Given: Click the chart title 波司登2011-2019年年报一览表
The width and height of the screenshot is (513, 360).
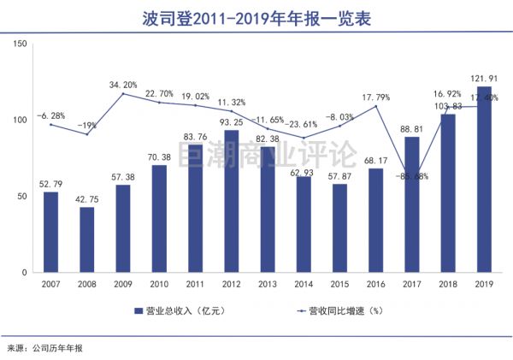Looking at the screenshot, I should (x=256, y=16).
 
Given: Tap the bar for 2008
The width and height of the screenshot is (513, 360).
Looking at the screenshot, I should (x=86, y=239).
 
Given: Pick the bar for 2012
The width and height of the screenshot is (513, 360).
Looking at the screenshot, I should (x=231, y=201).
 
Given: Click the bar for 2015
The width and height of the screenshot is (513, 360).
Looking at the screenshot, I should (x=339, y=227).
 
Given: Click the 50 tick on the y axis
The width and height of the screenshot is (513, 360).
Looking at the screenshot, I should (x=22, y=197).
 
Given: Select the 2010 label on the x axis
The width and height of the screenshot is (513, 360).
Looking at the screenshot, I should (x=159, y=284).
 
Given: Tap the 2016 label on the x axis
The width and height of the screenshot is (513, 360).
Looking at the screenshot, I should (x=375, y=284).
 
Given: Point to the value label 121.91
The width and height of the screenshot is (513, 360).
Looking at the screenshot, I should (x=483, y=78).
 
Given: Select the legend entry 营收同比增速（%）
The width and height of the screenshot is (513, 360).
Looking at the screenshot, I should (x=332, y=310).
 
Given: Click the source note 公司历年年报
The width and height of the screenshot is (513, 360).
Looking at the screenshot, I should (x=59, y=348).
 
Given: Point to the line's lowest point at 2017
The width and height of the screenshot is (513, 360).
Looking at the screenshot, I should (x=411, y=175).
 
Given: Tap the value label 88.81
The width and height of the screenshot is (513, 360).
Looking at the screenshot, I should (x=411, y=128).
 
